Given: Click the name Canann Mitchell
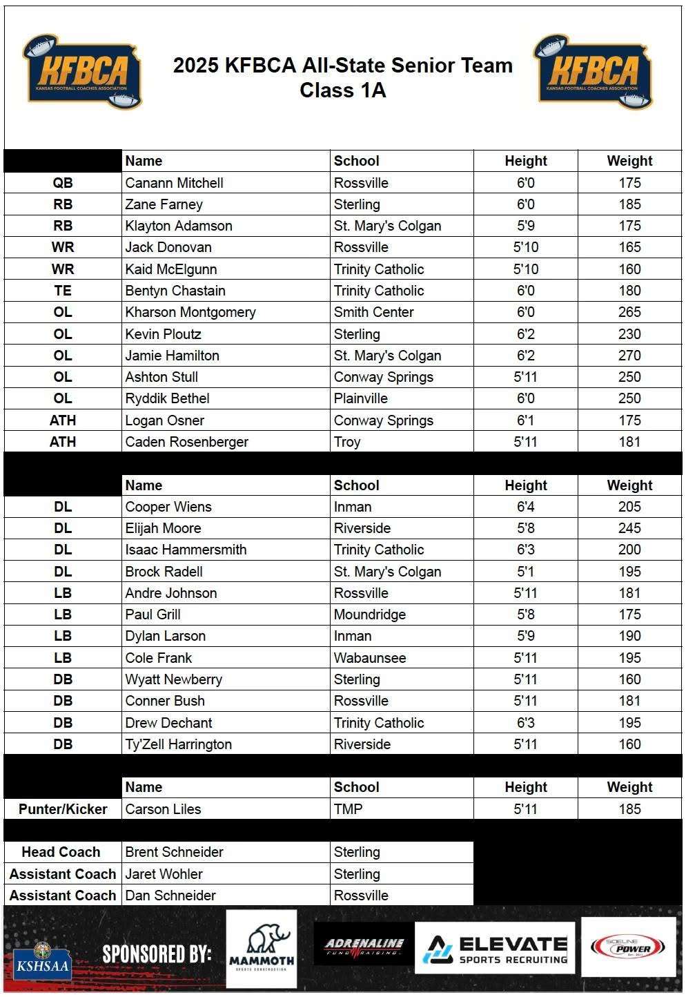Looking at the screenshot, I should (x=174, y=183).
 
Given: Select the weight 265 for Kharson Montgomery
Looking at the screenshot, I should (x=629, y=312).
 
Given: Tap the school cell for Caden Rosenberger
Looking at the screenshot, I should (x=347, y=442).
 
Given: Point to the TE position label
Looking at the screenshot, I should (x=63, y=291).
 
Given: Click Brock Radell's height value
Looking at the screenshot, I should (x=525, y=572).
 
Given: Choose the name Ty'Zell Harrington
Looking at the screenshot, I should (x=178, y=744).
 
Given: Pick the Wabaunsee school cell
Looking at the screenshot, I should (x=370, y=658).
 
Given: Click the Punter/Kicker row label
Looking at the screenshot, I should (x=63, y=809).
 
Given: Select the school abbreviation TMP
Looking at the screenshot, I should (x=348, y=809).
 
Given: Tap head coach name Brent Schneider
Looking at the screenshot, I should (x=174, y=852).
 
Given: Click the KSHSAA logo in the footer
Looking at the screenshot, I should (x=42, y=958).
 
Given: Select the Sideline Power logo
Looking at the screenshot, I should (x=627, y=947).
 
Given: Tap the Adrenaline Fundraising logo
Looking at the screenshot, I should (x=364, y=947).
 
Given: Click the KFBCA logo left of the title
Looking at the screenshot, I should (x=82, y=72).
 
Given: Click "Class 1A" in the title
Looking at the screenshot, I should (x=342, y=90).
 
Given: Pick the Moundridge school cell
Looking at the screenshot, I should (x=370, y=614).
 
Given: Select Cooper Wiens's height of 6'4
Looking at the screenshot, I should (x=525, y=507).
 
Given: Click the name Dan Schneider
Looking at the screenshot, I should (x=170, y=896).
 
